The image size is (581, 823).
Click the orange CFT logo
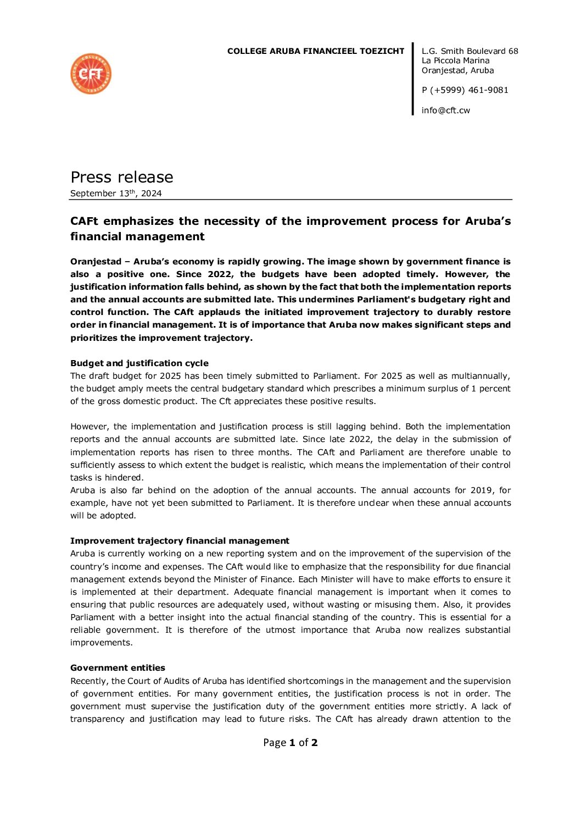tap(91, 74)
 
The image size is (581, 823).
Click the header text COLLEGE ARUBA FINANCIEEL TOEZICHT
tap(315, 51)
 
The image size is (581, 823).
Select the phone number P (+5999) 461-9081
tap(465, 90)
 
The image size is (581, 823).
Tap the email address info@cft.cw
tap(445, 111)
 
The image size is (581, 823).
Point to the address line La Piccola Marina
tap(455, 60)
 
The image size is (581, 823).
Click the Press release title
tap(121, 177)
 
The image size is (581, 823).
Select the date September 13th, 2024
tap(116, 194)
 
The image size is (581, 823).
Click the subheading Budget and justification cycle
tap(139, 363)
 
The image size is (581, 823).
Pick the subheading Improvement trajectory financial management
tap(180, 541)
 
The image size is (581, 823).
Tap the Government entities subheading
tap(118, 668)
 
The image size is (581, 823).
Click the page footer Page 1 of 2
tap(290, 743)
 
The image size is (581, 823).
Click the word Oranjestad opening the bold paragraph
tap(96, 262)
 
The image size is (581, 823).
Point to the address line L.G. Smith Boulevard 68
tap(470, 51)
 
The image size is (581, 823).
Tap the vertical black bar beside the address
tap(413, 79)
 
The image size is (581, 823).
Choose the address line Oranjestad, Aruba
tap(457, 70)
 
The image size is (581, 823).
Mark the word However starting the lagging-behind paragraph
tap(89, 427)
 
